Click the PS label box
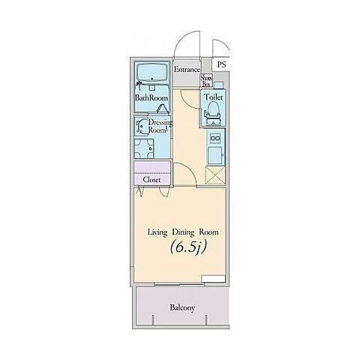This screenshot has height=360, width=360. (221, 64)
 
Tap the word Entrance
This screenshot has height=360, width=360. (187, 70)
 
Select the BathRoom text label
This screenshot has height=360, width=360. (151, 97)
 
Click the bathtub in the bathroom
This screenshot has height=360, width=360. (152, 72)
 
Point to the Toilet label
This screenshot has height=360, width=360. (214, 97)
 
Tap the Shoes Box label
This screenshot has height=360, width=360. (206, 81)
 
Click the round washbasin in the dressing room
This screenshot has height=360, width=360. (142, 126)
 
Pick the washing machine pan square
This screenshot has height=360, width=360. (144, 148)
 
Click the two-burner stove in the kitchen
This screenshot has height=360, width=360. (215, 138)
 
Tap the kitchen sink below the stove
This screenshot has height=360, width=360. (214, 155)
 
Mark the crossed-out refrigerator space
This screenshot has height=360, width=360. (215, 175)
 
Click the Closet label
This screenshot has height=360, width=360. (151, 179)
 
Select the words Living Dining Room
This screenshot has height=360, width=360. (183, 232)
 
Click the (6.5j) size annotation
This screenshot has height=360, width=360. (188, 247)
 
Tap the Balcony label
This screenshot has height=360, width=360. (182, 307)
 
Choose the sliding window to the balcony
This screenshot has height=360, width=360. (179, 284)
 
